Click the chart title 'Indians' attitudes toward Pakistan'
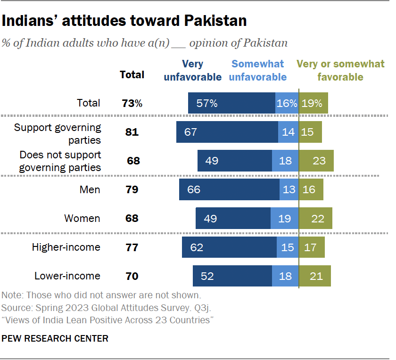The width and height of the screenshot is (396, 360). pos(125,21)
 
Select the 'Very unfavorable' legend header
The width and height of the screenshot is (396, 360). pos(192,70)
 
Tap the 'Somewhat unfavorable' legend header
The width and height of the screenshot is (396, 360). pos(257,70)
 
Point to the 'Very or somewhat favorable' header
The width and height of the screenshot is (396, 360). pos(340,70)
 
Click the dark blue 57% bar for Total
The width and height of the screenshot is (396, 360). pos(231,103)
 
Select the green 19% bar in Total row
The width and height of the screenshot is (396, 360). pos(313,103)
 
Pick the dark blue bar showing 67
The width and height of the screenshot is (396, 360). pos(227,132)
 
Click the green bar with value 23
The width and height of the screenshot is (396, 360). pos(316,161)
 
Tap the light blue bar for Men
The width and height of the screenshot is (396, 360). pos(289,189)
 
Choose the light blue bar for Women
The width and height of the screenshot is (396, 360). pos(285,218)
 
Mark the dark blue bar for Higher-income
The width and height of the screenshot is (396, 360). pos(229,247)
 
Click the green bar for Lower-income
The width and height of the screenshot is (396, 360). pos(315,276)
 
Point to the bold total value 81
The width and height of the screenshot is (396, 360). pos(132,132)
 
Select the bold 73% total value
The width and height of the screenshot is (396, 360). pos(132,103)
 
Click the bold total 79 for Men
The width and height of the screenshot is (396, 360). pos(132,189)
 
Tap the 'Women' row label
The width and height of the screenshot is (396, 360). pos(82,218)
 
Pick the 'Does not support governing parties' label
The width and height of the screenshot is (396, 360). pos(60,161)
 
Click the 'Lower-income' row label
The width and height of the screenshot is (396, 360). pos(67,276)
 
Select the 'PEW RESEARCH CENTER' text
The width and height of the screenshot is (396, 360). pos(55,338)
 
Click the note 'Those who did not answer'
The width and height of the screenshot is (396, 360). pos(101,295)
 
